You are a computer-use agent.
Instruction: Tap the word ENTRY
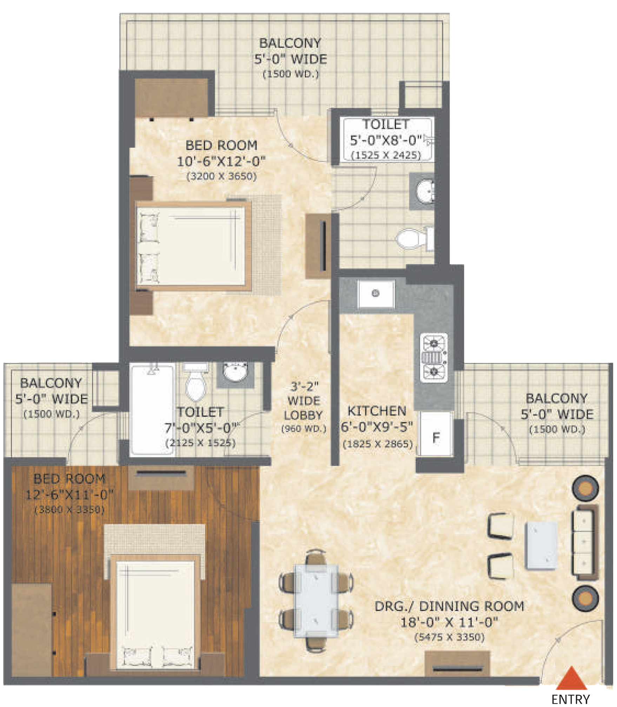pos(571,699)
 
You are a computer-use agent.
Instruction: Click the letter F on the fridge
pos(436,438)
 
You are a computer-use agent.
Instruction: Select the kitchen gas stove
pos(434,358)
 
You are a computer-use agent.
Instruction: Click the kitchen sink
pos(376,293)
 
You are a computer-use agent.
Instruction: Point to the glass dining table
pos(316,600)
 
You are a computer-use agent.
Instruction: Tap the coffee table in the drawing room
pos(541,546)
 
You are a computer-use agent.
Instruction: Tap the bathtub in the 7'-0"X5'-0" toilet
pos(153,409)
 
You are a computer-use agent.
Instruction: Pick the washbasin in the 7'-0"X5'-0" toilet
pos(235,373)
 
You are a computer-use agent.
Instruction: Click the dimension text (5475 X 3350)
pos(449,637)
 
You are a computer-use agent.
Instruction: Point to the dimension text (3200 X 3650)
pos(221,176)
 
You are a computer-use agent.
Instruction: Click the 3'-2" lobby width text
pos(304,386)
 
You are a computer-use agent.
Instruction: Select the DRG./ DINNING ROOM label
pos(449,606)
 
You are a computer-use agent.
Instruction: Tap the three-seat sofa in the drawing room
pos(585,543)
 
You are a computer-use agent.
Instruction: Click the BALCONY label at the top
pos(290,43)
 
